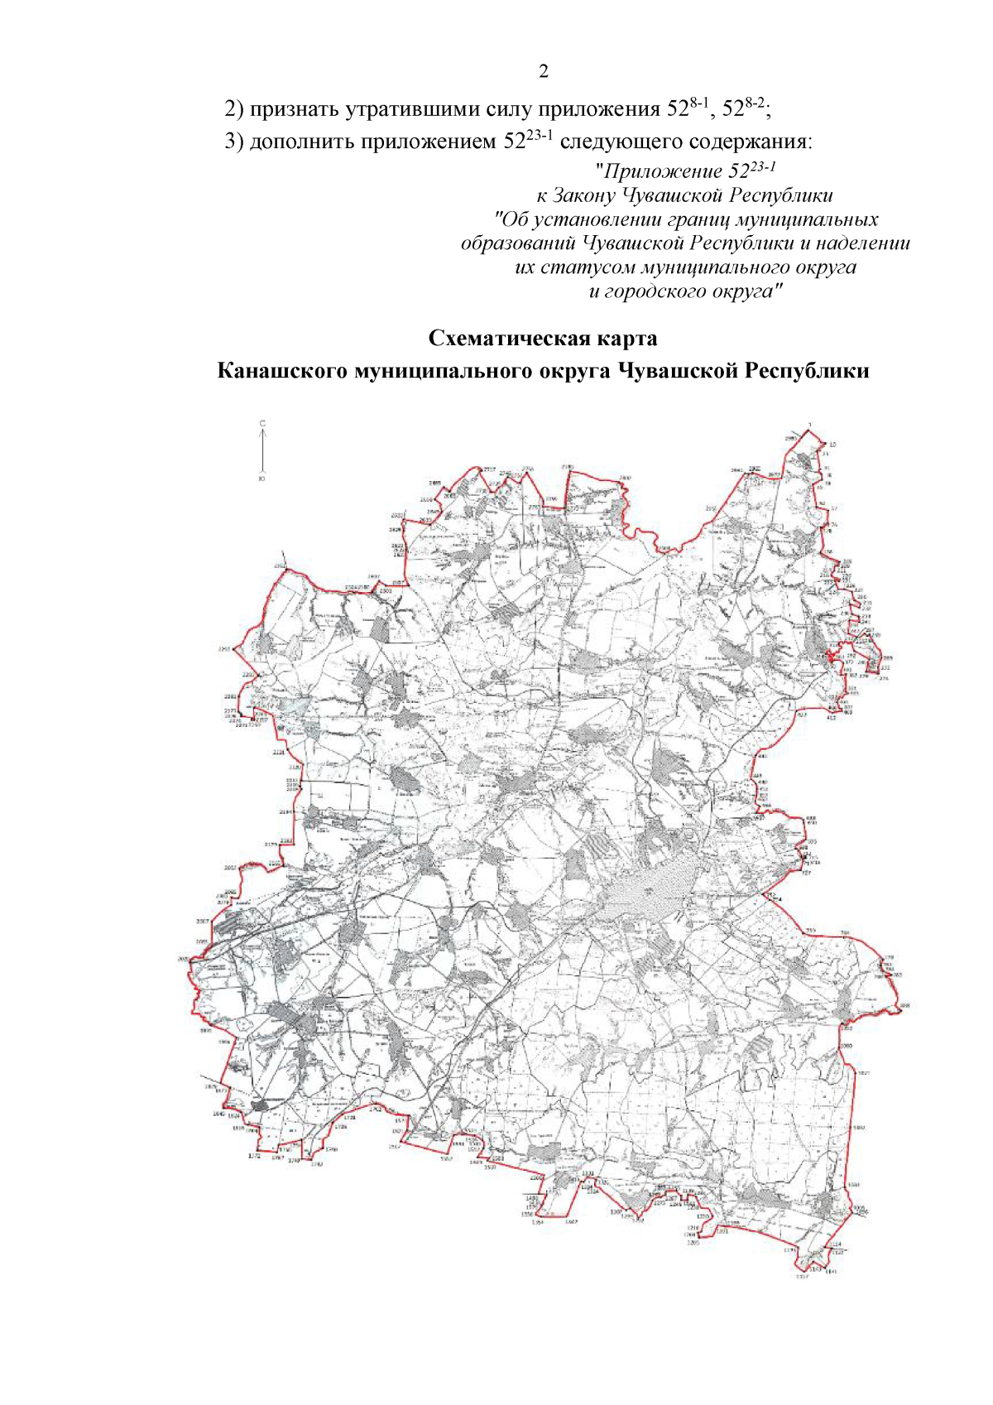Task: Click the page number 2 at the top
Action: click(544, 71)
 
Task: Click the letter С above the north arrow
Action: click(262, 423)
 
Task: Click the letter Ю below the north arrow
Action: click(262, 479)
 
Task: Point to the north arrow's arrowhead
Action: click(262, 431)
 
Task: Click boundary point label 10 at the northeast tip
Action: click(832, 445)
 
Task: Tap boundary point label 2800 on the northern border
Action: click(625, 478)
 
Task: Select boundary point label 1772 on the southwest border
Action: click(230, 1157)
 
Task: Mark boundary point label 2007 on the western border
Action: click(202, 921)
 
